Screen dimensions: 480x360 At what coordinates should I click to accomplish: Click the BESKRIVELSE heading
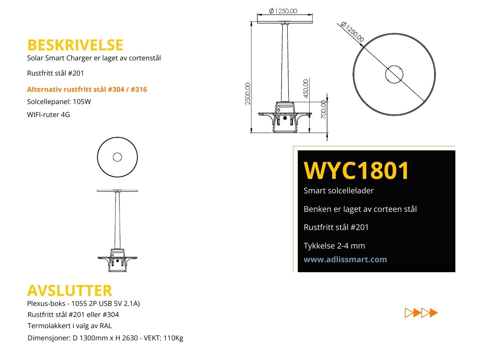click(75, 45)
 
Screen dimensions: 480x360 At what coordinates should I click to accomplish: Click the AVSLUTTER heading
click(70, 290)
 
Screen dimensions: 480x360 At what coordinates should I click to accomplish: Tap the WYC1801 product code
click(356, 170)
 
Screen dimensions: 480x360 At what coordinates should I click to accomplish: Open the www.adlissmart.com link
click(345, 259)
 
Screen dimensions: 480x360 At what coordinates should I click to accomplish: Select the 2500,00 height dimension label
click(247, 94)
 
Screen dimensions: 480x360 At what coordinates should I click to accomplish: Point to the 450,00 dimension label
click(306, 89)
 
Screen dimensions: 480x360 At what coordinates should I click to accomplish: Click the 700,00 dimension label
click(323, 110)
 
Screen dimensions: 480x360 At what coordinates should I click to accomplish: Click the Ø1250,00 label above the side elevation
click(283, 11)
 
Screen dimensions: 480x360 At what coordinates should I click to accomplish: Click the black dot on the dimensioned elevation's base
click(285, 118)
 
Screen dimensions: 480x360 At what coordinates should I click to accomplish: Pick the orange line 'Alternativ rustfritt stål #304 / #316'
click(87, 89)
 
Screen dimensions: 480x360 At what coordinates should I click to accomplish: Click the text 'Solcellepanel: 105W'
click(59, 101)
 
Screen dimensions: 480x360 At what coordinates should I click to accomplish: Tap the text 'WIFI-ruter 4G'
click(48, 114)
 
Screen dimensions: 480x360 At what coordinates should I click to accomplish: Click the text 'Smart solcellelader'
click(339, 191)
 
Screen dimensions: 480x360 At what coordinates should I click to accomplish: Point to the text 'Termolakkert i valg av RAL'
click(70, 326)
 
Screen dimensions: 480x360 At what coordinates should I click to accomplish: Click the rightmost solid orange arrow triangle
click(433, 313)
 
